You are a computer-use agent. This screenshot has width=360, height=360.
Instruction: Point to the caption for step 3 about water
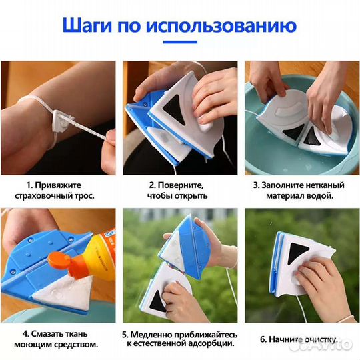tap(301, 190)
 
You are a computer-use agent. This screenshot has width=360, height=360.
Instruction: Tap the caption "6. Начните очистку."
tap(301, 339)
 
